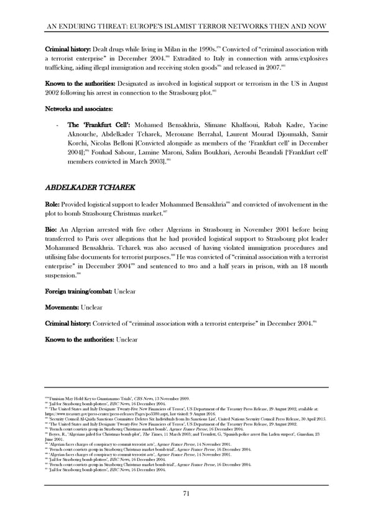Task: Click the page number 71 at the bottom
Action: pos(186,493)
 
